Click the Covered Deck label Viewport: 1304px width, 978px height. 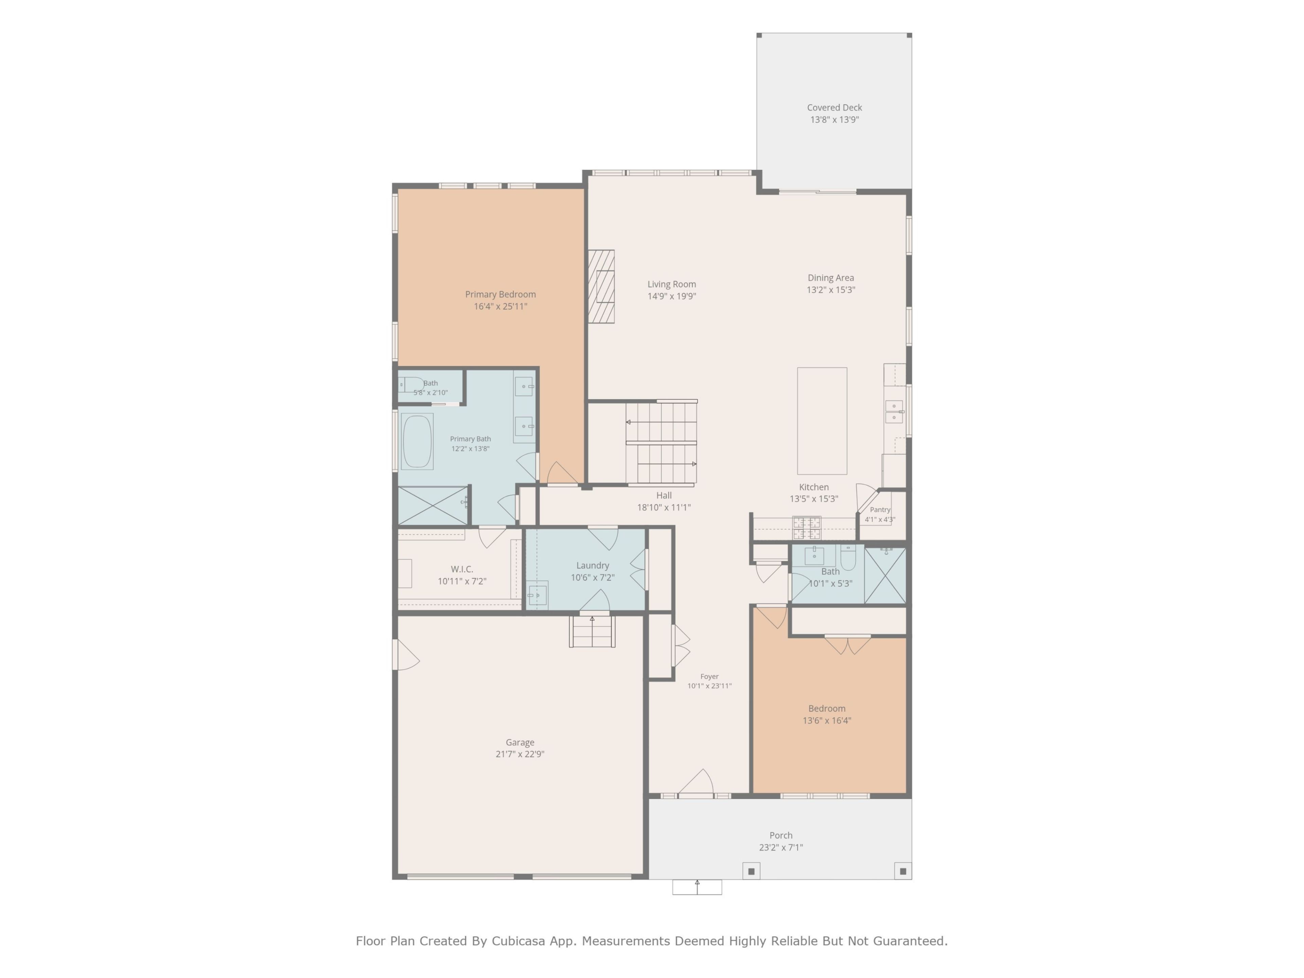[834, 107]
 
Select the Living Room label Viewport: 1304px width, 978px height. [671, 284]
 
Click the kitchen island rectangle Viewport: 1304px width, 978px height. [822, 421]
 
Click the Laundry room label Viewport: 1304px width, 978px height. [593, 565]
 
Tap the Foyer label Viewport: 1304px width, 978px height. [709, 677]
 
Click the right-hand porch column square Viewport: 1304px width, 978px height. [903, 871]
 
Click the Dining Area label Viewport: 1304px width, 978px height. [831, 278]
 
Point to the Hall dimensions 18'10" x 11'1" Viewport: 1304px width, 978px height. [664, 507]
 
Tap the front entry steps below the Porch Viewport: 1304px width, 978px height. [697, 887]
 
